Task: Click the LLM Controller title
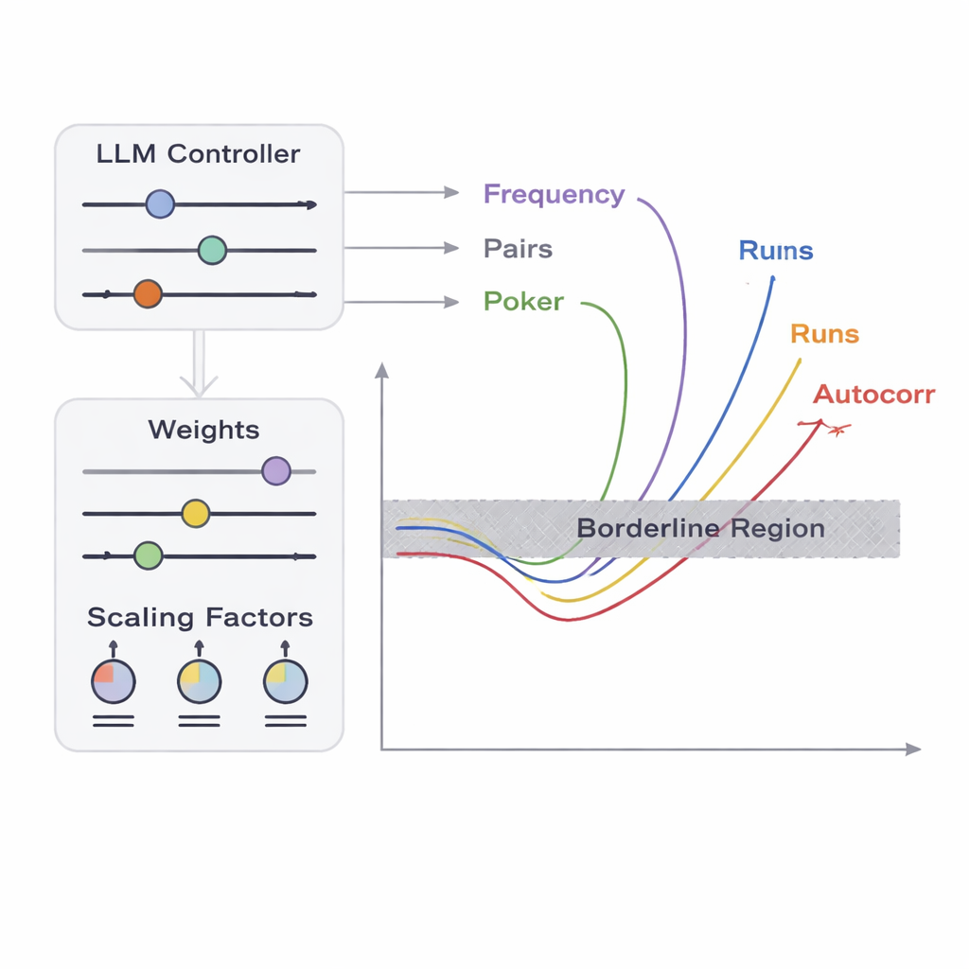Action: [x=198, y=154]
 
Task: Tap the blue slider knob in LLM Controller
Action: [x=160, y=203]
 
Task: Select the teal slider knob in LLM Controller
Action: [x=212, y=250]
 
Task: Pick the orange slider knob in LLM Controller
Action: [x=148, y=294]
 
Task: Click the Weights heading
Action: [x=203, y=431]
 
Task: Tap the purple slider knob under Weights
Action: [x=275, y=470]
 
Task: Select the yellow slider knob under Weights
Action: [x=195, y=513]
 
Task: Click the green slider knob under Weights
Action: [x=148, y=555]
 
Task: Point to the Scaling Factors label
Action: [x=200, y=618]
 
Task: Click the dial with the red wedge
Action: [x=113, y=680]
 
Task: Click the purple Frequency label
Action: [x=554, y=195]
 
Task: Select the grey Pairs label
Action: [x=518, y=250]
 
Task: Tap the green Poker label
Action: [x=523, y=302]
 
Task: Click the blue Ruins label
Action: [x=775, y=251]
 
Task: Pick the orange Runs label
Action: [x=824, y=334]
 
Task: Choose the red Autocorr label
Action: [x=873, y=395]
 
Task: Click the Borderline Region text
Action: [x=700, y=529]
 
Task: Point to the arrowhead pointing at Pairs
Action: [x=451, y=248]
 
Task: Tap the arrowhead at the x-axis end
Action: [x=913, y=749]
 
